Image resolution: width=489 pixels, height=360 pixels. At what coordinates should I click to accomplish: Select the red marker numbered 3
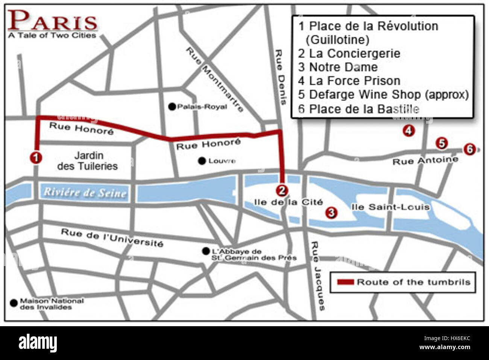331,213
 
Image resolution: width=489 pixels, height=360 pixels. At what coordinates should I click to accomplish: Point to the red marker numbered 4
409,131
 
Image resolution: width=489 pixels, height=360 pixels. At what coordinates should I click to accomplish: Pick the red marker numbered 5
442,143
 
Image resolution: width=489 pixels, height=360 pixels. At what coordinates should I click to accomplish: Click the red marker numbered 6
469,149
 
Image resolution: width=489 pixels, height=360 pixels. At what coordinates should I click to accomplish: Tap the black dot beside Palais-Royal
172,107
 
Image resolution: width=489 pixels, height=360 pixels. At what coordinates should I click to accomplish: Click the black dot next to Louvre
202,161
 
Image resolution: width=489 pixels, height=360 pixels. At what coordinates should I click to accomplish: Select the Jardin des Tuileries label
88,161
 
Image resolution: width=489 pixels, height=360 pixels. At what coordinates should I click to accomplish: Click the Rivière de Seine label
85,192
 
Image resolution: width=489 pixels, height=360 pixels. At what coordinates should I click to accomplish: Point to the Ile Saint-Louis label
390,207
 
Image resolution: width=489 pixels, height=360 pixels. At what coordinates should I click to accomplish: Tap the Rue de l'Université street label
112,237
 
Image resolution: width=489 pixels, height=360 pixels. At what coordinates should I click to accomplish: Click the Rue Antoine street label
425,161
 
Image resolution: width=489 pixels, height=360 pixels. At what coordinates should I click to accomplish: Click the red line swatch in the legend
345,282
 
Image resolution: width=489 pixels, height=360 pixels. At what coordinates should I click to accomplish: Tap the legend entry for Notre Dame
338,67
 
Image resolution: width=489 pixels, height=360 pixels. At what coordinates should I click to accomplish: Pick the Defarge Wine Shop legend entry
383,94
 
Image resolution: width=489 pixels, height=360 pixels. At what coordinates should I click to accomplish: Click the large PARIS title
53,21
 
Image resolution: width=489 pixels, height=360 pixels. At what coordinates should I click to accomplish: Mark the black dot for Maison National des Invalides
14,302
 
